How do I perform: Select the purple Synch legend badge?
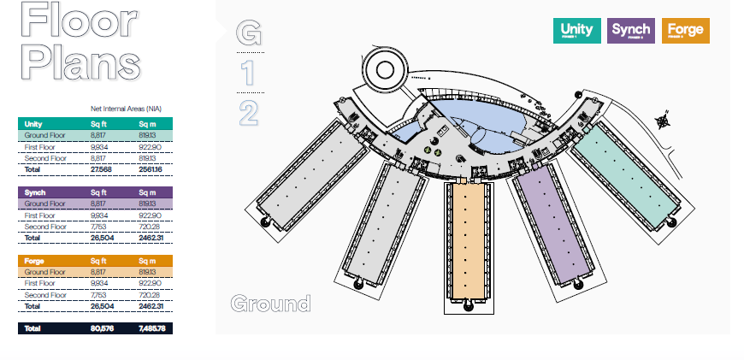pos(631,31)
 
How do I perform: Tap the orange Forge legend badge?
pos(685,31)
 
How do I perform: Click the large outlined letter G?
pos(249,33)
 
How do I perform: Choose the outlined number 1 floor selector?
pos(248,73)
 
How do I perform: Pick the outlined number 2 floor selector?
pos(249,112)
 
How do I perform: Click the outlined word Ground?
pos(270,304)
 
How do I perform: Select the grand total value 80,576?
pos(102,328)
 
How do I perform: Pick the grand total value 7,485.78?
pos(151,328)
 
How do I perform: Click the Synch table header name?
pos(35,192)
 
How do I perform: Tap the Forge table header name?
pos(35,260)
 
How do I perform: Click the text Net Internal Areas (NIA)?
pos(126,109)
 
